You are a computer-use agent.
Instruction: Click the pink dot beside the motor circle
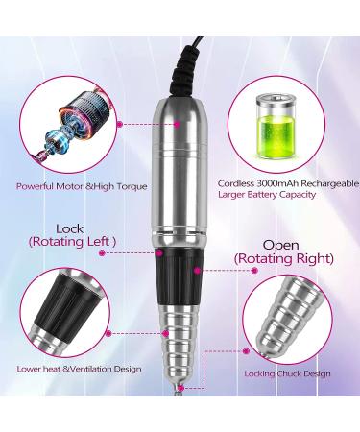[119, 124]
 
